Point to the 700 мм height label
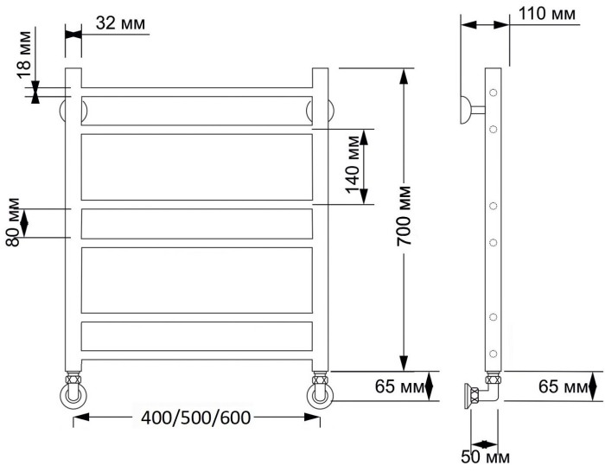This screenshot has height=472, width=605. click(x=404, y=217)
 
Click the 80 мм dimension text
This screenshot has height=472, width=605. click(x=12, y=224)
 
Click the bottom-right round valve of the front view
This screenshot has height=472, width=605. click(x=320, y=393)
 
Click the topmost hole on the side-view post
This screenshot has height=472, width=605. click(x=494, y=92)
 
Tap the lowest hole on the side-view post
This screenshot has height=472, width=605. click(x=494, y=353)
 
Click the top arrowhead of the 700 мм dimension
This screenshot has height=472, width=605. click(x=404, y=76)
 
